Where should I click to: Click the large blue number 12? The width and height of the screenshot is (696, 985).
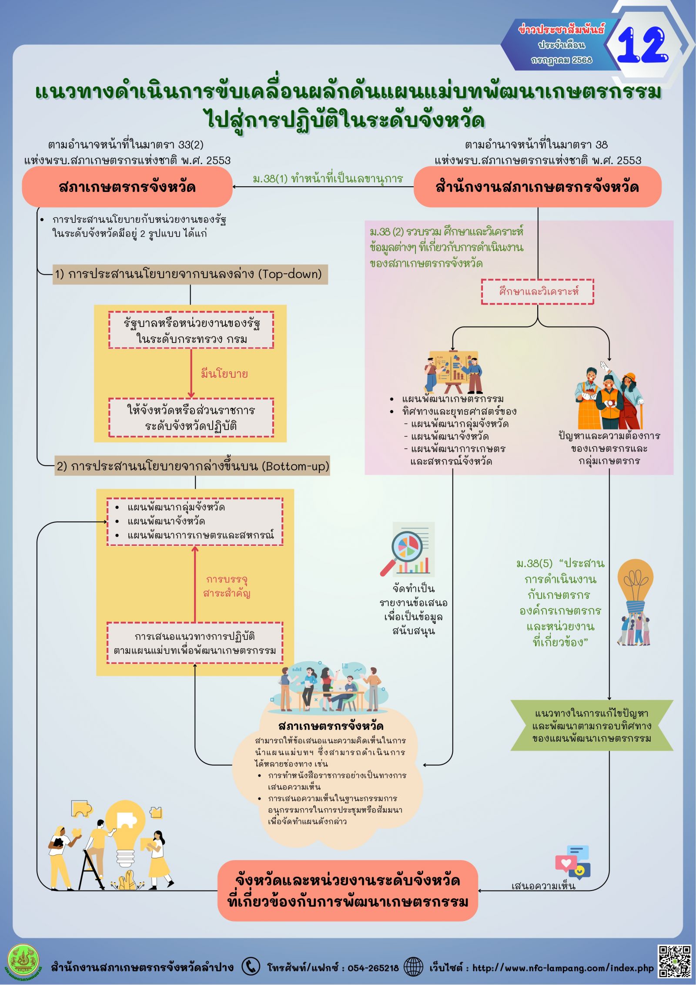(x=642, y=45)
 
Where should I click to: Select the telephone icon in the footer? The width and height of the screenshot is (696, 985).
(x=251, y=966)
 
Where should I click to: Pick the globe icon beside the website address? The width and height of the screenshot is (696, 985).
(x=413, y=967)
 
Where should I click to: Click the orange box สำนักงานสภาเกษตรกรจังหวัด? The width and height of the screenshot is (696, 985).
(x=537, y=187)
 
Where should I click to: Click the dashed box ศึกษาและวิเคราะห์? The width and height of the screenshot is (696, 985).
(x=538, y=292)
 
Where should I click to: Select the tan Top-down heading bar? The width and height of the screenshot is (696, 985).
(x=190, y=274)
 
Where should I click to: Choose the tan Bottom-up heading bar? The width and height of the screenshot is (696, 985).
(x=192, y=466)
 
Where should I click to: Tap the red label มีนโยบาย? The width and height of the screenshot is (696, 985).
(x=224, y=373)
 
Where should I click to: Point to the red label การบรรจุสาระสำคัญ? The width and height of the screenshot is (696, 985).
(x=227, y=586)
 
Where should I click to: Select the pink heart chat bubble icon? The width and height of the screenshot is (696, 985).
(x=566, y=863)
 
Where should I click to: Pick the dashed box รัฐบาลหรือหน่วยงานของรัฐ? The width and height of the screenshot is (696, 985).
(x=191, y=330)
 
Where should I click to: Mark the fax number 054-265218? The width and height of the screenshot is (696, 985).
(x=373, y=968)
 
